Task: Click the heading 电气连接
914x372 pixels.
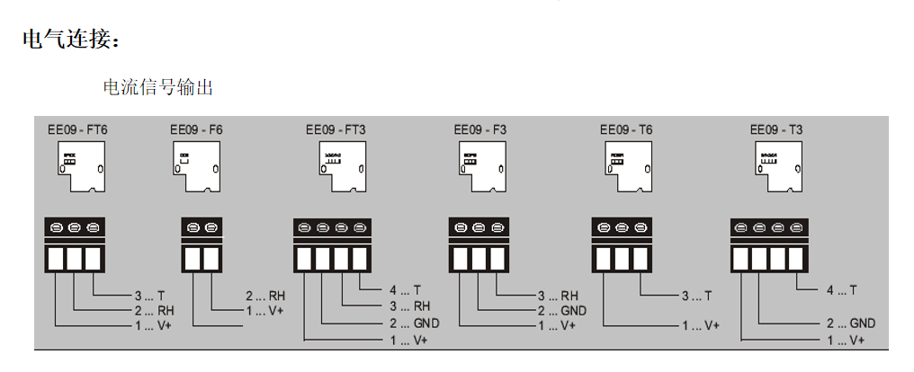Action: pyautogui.click(x=69, y=40)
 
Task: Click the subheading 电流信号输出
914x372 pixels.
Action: pyautogui.click(x=158, y=87)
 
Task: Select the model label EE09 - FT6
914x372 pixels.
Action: pyautogui.click(x=77, y=129)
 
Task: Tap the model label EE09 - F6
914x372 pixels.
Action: pyautogui.click(x=196, y=129)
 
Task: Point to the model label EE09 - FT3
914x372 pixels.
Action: pyautogui.click(x=335, y=129)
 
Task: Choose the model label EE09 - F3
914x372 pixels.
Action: pyautogui.click(x=480, y=129)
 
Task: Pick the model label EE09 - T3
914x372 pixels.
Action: pyautogui.click(x=776, y=129)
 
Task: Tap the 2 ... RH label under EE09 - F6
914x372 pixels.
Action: pyautogui.click(x=265, y=295)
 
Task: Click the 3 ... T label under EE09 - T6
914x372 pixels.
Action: pyautogui.click(x=696, y=295)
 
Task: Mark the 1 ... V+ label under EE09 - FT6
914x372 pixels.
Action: pyautogui.click(x=153, y=324)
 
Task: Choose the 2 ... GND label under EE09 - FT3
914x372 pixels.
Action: pyautogui.click(x=413, y=323)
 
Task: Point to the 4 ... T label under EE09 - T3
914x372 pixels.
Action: pyautogui.click(x=840, y=290)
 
